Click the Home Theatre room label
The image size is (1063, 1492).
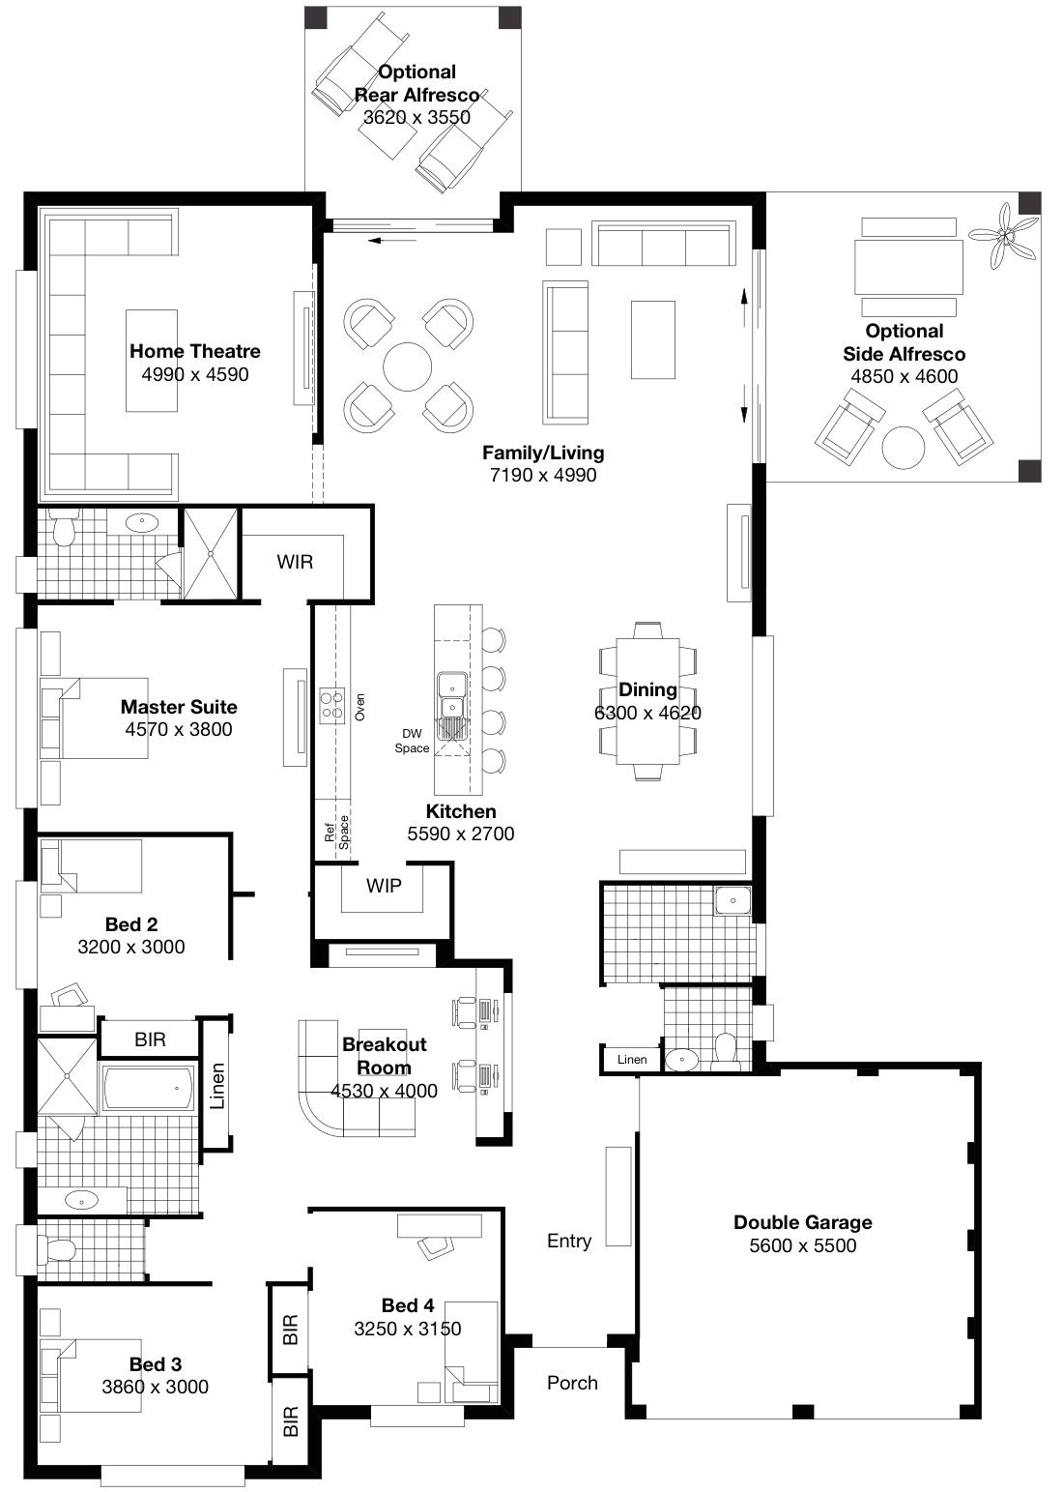[x=194, y=351]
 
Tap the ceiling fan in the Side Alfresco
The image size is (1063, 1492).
[x=1005, y=235]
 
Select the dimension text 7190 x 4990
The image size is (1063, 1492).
[x=542, y=475]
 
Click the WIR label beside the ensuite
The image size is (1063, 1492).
[x=295, y=562]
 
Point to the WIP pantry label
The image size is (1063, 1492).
[x=384, y=886]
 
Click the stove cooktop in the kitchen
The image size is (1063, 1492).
[x=332, y=704]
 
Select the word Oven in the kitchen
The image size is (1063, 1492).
[x=360, y=707]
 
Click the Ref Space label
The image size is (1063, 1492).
[x=336, y=831]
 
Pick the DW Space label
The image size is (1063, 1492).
[x=412, y=741]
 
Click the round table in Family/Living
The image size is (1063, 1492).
[x=408, y=366]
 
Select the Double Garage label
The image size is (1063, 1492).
[x=802, y=1222]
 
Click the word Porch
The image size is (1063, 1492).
[x=572, y=1383]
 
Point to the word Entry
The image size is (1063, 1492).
[x=568, y=1241]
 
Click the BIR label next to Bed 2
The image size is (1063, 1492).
[x=150, y=1039]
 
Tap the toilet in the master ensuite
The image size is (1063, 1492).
[x=65, y=531]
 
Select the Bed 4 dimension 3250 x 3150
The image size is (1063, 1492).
[x=407, y=1329]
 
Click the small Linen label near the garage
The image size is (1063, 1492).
[x=632, y=1060]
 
